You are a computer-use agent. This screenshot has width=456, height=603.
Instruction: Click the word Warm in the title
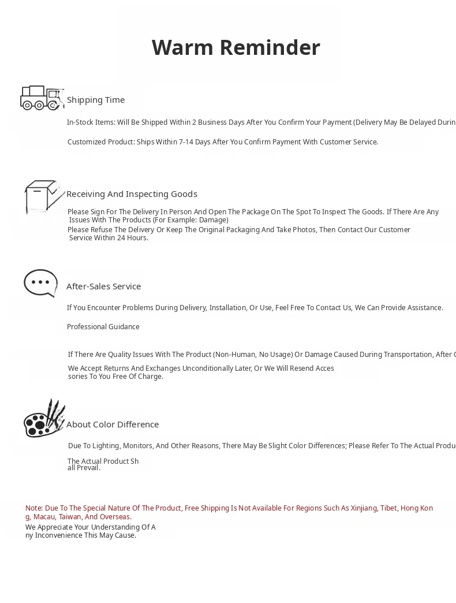click(x=177, y=47)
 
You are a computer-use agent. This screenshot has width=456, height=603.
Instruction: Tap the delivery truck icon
click(x=40, y=98)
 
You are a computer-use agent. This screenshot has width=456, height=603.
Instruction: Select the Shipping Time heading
click(x=96, y=100)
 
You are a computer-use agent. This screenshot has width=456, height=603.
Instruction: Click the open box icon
click(x=44, y=197)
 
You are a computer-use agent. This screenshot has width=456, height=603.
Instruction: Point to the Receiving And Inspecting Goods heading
click(x=132, y=194)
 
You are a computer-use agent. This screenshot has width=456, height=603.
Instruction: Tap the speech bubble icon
click(x=40, y=283)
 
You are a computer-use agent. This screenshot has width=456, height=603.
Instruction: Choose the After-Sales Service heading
click(x=103, y=286)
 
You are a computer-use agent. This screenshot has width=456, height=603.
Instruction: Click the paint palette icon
click(x=44, y=419)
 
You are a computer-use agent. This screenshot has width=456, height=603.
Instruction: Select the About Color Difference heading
click(x=113, y=425)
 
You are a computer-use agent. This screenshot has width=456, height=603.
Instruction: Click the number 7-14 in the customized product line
click(x=186, y=142)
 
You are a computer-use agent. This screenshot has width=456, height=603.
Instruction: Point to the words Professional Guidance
click(x=103, y=327)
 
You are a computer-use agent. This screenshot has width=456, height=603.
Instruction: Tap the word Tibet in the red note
click(x=388, y=508)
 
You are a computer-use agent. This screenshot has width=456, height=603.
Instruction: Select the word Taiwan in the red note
click(x=70, y=517)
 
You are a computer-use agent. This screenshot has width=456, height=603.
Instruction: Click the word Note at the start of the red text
click(x=33, y=508)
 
